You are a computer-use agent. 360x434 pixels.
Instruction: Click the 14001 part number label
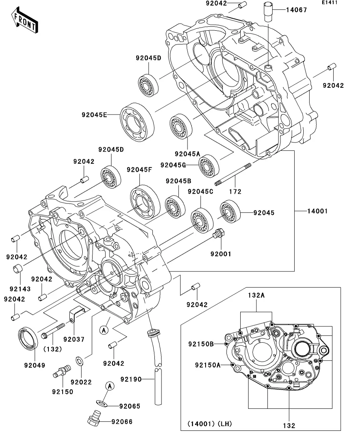pos(318,211)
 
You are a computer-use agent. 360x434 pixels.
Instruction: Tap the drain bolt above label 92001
pos(218,235)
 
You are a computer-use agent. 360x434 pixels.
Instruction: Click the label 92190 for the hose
pos(131,379)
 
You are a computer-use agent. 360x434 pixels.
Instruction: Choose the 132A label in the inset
pos(256,295)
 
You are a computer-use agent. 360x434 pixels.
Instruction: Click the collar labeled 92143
pos(17,270)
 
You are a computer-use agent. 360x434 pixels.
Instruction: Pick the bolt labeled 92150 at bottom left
pos(61,371)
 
